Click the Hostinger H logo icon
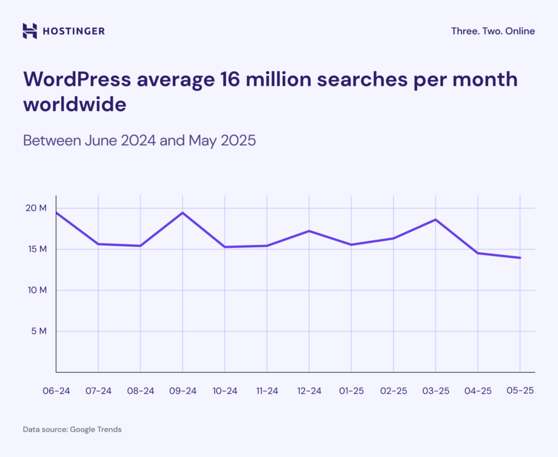click(x=30, y=31)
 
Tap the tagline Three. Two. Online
click(x=493, y=31)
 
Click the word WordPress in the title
click(x=77, y=80)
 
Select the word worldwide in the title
click(x=74, y=104)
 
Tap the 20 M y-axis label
click(x=36, y=208)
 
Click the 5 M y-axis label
click(x=39, y=331)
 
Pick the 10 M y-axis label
click(x=36, y=290)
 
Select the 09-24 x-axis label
click(x=183, y=391)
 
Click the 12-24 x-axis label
click(x=309, y=391)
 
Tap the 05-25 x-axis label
click(x=520, y=391)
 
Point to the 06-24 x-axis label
click(x=56, y=391)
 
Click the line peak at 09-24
click(x=183, y=212)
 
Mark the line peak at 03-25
click(x=435, y=220)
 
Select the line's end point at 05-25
click(x=520, y=258)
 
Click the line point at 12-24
click(x=309, y=231)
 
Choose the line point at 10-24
click(x=225, y=247)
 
